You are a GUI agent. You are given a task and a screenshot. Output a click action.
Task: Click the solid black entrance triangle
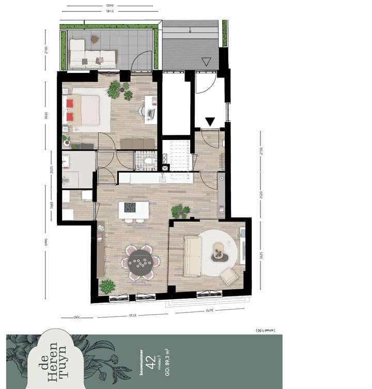tap(210, 122)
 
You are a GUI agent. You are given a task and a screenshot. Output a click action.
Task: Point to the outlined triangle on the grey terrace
tap(206, 62)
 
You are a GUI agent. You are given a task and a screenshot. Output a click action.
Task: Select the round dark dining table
tap(139, 262)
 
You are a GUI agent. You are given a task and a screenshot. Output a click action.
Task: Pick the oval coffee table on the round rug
tap(220, 251)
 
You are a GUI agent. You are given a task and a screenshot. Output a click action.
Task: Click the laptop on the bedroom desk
tap(151, 113)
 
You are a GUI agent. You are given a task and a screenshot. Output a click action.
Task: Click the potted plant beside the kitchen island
tap(180, 211)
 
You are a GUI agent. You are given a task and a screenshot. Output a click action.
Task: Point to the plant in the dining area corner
tap(107, 286)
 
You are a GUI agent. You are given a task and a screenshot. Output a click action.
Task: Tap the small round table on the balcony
tap(95, 39)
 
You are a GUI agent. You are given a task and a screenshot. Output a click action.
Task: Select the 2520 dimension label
tap(261, 197)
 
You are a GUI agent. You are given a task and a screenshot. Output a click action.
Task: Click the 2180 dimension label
tap(46, 51)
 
